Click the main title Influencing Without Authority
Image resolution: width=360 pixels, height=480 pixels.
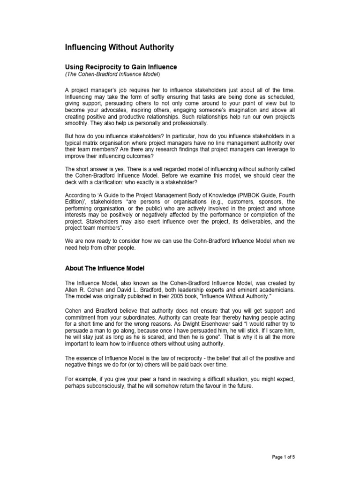click(x=119, y=47)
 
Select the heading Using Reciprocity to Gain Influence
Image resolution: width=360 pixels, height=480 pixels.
click(x=120, y=67)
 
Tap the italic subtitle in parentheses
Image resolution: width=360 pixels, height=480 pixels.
click(x=112, y=74)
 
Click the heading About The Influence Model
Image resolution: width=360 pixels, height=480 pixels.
click(x=105, y=269)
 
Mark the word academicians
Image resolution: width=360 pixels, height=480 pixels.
click(x=276, y=290)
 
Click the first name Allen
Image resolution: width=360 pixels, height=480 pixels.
click(x=72, y=290)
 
